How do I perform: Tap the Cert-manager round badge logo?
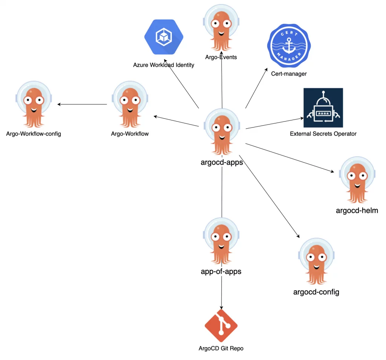click(x=288, y=47)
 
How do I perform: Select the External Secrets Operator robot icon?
click(x=323, y=108)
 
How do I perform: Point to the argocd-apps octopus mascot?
click(x=222, y=132)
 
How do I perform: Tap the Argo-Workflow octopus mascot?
click(x=130, y=104)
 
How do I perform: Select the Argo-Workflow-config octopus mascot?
click(x=34, y=104)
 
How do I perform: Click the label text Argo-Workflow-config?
click(x=34, y=134)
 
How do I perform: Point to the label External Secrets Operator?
click(x=323, y=134)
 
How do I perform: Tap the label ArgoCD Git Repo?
click(x=221, y=348)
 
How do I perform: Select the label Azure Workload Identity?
click(x=164, y=65)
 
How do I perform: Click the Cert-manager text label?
click(x=289, y=74)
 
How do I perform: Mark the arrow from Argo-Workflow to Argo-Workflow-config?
click(x=82, y=104)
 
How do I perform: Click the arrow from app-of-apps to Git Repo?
click(x=221, y=294)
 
